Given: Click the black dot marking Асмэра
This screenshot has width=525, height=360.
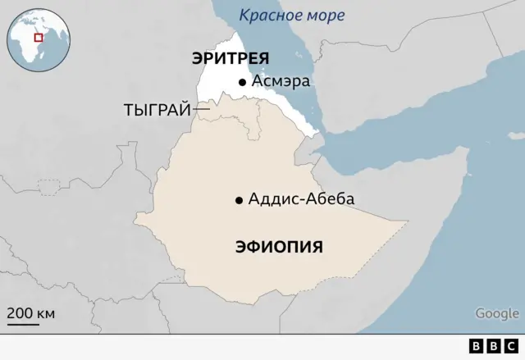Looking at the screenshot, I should point(242,82).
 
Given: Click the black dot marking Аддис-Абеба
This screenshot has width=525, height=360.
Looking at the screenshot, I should point(239,200).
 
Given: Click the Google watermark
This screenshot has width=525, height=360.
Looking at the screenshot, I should point(497,312).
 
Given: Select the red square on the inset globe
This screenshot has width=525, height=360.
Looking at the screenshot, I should point(37,36).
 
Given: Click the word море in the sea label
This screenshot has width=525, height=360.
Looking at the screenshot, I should point(323,16).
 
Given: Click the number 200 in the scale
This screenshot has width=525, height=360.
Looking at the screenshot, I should point(21,312).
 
